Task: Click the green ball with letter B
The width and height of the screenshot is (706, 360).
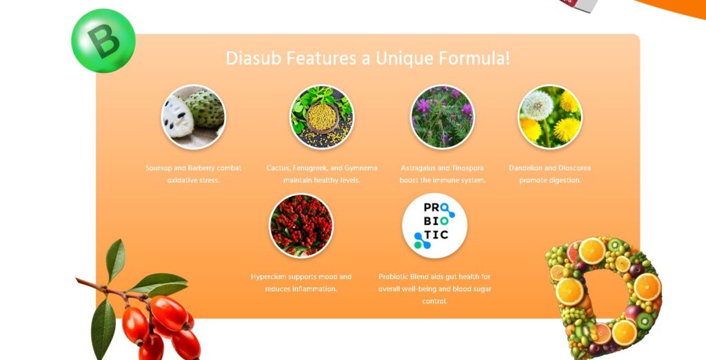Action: (x=103, y=41)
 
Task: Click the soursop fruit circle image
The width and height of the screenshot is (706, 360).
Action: (x=194, y=117)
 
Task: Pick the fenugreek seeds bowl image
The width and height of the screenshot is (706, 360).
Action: (x=321, y=117)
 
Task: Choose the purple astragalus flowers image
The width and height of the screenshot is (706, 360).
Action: (x=442, y=117)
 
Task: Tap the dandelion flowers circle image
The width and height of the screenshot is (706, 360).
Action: (x=549, y=117)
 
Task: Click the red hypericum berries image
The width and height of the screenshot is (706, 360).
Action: (x=301, y=226)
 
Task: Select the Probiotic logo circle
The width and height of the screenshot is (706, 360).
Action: (x=434, y=226)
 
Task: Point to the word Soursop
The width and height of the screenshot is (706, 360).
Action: (x=159, y=168)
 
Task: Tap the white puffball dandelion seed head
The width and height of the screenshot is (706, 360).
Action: (x=536, y=106)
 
